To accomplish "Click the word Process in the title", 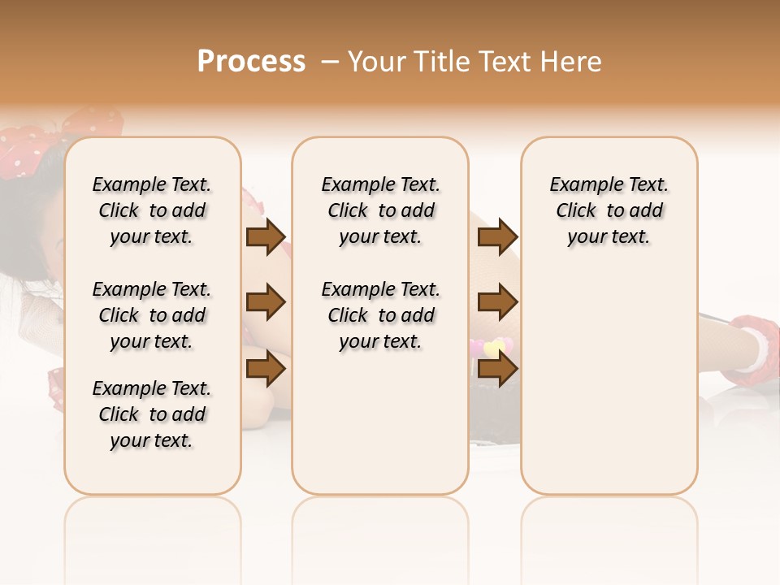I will [251, 62].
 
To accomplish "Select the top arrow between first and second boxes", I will [266, 237].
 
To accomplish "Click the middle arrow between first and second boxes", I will [266, 303].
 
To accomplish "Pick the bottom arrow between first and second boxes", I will [266, 368].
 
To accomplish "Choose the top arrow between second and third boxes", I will [497, 237].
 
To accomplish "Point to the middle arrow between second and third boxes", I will [497, 303].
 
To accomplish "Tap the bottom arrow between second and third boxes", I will [497, 368].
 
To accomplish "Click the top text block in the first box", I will [152, 210].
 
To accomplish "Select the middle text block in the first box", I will [152, 315].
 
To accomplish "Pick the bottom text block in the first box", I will [152, 414].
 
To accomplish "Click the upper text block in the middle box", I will [381, 210].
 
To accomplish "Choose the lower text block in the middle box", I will [381, 315].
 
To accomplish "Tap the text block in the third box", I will [609, 210].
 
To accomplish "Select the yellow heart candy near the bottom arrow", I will [492, 349].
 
